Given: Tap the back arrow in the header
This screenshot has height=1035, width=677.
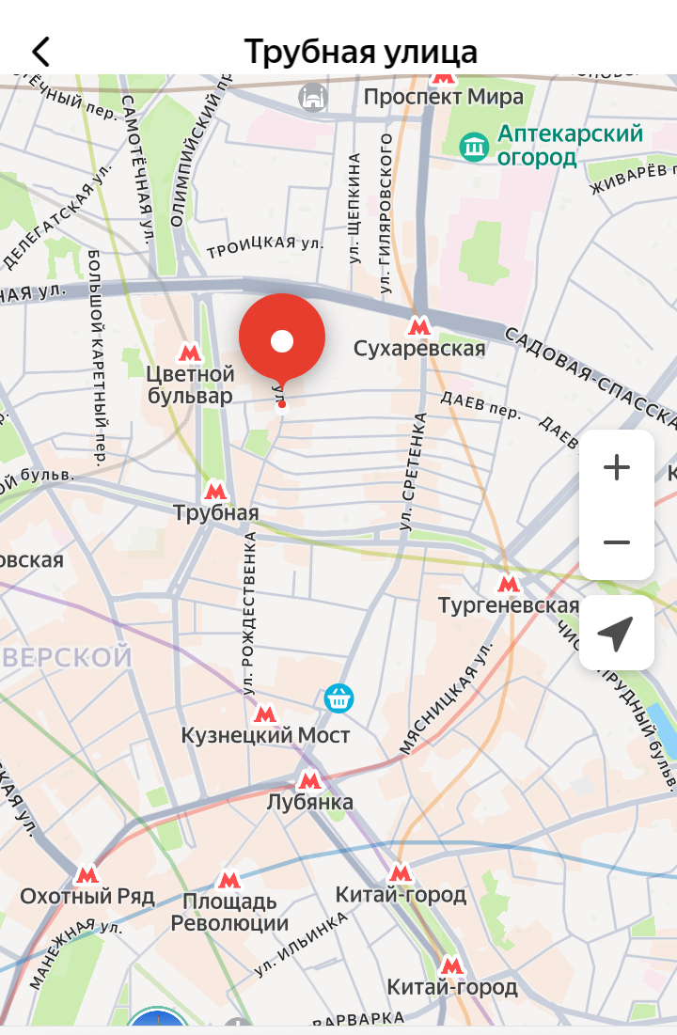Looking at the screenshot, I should click(40, 52).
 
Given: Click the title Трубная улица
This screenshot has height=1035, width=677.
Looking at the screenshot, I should click(361, 51).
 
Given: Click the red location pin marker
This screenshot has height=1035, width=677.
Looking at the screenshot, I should click(282, 340).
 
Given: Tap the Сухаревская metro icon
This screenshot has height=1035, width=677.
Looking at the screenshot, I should click(419, 326).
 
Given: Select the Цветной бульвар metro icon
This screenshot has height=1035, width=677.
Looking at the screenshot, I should click(191, 353).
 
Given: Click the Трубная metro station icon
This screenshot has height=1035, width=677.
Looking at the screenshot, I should click(215, 490).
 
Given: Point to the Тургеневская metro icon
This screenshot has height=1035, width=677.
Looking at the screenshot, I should click(509, 583).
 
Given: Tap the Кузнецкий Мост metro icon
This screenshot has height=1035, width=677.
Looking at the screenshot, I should click(265, 714).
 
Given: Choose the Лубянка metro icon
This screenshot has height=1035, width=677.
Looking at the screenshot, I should click(309, 779).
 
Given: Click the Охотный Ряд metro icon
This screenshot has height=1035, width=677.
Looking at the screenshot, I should click(87, 874).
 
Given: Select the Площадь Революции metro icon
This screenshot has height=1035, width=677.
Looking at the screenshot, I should click(228, 880).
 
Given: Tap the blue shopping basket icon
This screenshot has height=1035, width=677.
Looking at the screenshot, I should click(338, 698).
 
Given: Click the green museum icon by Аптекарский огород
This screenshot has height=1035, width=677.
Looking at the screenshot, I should click(474, 146).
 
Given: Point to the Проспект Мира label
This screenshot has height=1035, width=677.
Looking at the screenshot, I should click(444, 97).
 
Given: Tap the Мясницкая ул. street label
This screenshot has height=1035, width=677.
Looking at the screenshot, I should click(447, 698).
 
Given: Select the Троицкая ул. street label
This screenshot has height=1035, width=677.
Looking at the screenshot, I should click(264, 246).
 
